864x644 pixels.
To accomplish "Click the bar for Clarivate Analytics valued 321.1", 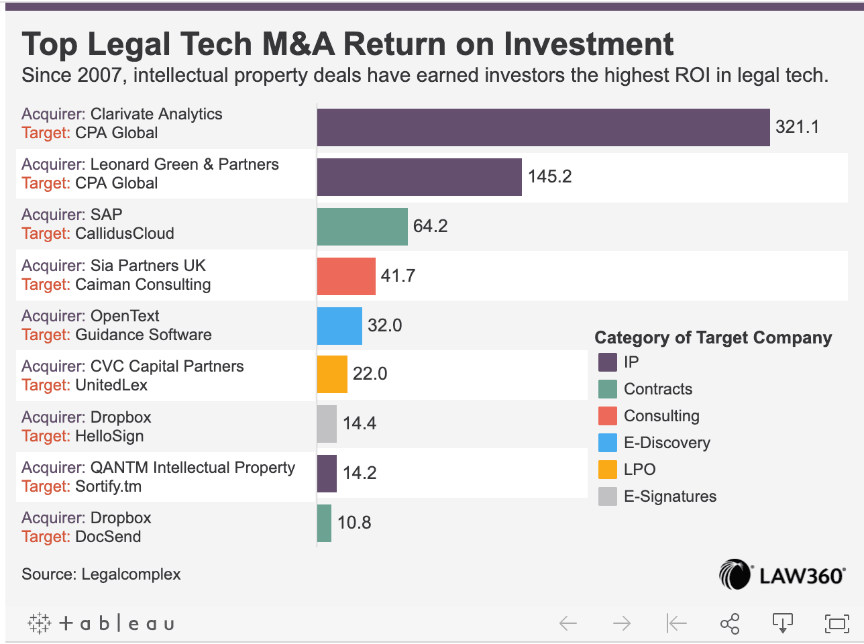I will (543, 127).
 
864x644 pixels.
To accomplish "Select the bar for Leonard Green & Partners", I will (419, 177).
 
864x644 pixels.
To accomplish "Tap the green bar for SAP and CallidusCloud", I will (362, 227).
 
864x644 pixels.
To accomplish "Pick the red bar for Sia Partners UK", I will (346, 276).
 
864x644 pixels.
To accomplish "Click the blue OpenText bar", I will (339, 326).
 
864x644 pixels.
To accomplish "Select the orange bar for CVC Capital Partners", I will (332, 374).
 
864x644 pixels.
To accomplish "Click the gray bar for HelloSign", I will (327, 424).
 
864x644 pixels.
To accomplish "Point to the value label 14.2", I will (360, 473).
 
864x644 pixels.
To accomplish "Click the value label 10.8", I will (354, 523).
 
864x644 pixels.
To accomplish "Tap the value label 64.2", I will (430, 226).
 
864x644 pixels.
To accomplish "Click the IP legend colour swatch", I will (608, 362).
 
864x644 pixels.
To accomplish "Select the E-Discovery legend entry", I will (666, 443).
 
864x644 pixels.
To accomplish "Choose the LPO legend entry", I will (639, 470).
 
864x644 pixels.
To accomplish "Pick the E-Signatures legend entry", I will (669, 496).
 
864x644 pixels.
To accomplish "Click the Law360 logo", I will (781, 575).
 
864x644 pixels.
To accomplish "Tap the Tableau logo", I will (101, 623).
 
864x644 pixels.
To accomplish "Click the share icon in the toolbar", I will (729, 623).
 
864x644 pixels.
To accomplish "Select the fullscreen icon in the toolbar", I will (836, 623).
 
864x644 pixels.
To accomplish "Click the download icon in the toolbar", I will (783, 623).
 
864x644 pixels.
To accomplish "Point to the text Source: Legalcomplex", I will (101, 574).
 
